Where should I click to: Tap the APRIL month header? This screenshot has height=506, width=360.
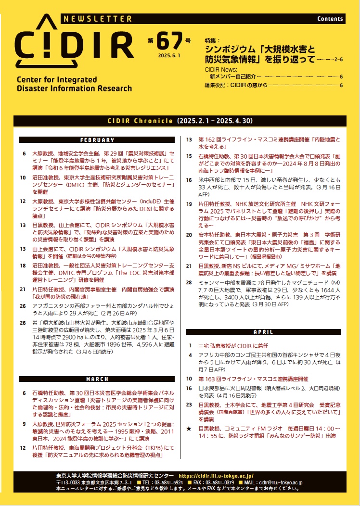click(263, 332)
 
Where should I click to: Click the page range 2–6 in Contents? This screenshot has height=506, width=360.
click(338, 59)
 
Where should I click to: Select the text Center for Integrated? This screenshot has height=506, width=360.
click(57, 80)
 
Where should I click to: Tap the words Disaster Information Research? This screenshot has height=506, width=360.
click(74, 89)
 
